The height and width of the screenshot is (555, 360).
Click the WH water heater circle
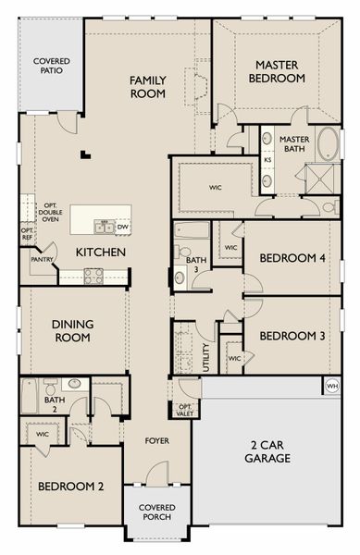tap(331, 386)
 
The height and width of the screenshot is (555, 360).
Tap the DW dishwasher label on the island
tap(122, 227)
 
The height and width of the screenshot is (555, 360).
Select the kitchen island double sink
tap(104, 227)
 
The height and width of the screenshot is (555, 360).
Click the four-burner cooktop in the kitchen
tap(93, 276)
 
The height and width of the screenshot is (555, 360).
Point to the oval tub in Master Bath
tap(329, 143)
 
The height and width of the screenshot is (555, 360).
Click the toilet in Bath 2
tap(50, 386)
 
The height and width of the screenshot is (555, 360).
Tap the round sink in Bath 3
tap(180, 277)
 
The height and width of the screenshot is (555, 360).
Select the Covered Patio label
tap(52, 66)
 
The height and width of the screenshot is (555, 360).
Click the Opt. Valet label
tap(185, 410)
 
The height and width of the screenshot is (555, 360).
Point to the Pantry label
tap(42, 259)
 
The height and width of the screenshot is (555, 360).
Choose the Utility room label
tap(206, 357)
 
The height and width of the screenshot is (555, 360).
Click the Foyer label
tap(157, 440)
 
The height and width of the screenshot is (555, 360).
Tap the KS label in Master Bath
tap(268, 160)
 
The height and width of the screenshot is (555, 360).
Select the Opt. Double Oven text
tap(50, 213)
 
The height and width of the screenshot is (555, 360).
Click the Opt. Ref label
tap(27, 234)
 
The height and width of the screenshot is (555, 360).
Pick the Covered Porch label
tap(157, 512)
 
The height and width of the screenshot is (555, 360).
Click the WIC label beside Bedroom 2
tap(43, 434)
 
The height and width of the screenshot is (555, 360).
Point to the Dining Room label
tap(72, 330)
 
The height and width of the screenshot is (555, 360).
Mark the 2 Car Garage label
tap(267, 451)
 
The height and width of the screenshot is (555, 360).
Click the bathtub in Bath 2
tap(29, 396)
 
